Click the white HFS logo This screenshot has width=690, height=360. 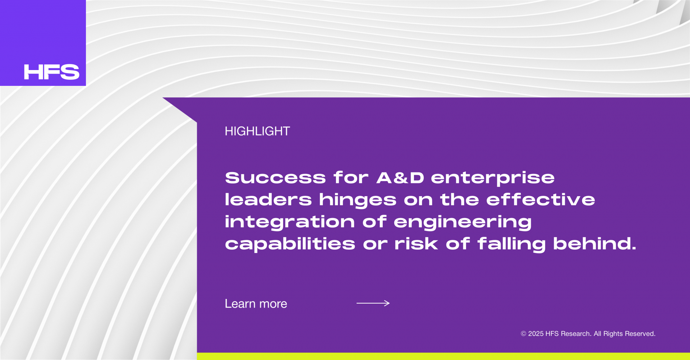coord(51,72)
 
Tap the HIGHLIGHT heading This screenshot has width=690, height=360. coord(257,131)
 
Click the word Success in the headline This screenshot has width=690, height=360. coord(276,178)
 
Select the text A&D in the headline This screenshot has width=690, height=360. coord(400,178)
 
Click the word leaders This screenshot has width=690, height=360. coord(268,200)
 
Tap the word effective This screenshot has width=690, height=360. coord(540,200)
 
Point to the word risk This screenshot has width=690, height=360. coord(416,244)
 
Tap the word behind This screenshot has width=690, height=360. coord(595,244)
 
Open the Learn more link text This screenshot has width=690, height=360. coord(256,304)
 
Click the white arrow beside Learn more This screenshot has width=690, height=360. coord(373,303)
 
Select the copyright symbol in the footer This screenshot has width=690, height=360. coord(524,334)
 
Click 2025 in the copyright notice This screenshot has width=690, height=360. coord(536,334)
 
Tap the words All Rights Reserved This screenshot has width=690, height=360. coord(625,334)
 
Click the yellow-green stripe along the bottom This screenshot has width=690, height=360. coord(443,356)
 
